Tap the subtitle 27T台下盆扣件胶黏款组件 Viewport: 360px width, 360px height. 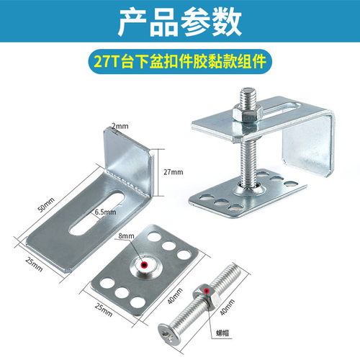coord(180,60)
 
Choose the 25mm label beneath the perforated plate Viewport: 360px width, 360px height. coord(103,311)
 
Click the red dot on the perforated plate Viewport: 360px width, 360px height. coord(144,265)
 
